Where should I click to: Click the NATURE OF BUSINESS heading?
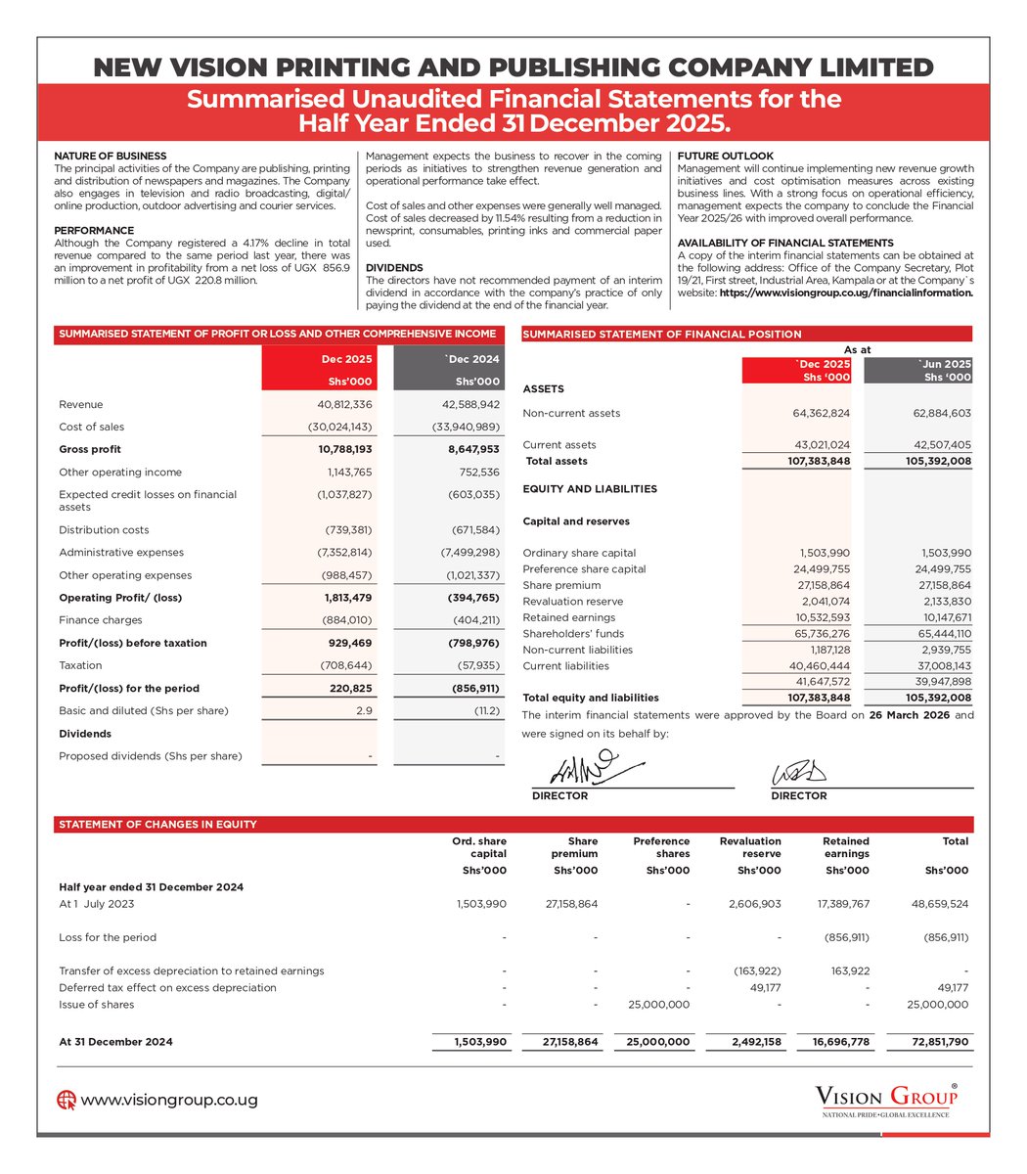(x=110, y=156)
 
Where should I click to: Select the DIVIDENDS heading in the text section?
(x=393, y=267)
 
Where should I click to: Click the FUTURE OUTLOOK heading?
(x=725, y=156)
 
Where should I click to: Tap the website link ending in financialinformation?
(x=846, y=293)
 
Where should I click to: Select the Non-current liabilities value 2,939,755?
(x=942, y=650)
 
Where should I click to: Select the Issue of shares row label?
(x=97, y=1004)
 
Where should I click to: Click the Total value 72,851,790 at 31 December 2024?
(x=939, y=1042)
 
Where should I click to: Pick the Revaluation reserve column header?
(x=750, y=847)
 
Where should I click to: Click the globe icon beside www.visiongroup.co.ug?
(x=67, y=1100)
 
